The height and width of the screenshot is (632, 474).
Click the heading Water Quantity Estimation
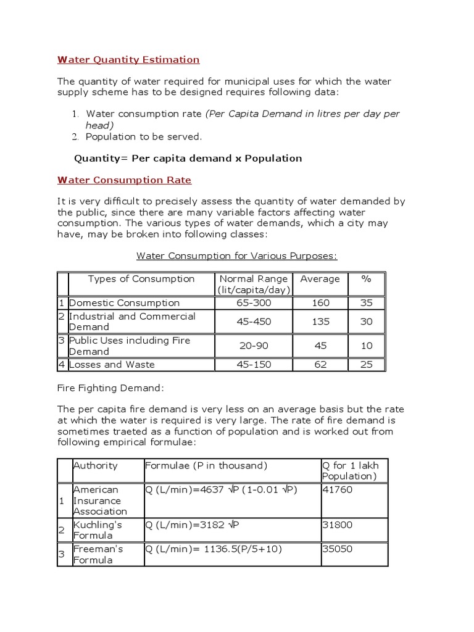click(x=128, y=60)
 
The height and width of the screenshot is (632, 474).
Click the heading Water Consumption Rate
click(x=124, y=180)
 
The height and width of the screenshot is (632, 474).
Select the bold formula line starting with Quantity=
click(x=188, y=158)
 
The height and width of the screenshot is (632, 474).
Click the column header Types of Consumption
click(x=141, y=279)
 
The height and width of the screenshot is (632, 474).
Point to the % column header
click(x=366, y=279)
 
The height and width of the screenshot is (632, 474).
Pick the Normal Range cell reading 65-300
click(x=254, y=303)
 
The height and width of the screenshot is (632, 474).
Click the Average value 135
click(x=320, y=322)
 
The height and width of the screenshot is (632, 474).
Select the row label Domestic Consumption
click(x=124, y=303)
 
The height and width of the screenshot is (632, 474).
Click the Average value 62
click(x=320, y=364)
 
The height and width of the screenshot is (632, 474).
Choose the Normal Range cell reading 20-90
click(x=254, y=346)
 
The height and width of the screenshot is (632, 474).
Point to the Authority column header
click(x=95, y=465)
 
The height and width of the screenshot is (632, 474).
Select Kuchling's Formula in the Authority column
click(x=98, y=530)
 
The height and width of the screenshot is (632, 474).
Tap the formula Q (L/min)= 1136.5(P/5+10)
click(x=214, y=549)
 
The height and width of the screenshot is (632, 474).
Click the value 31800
click(x=336, y=525)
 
